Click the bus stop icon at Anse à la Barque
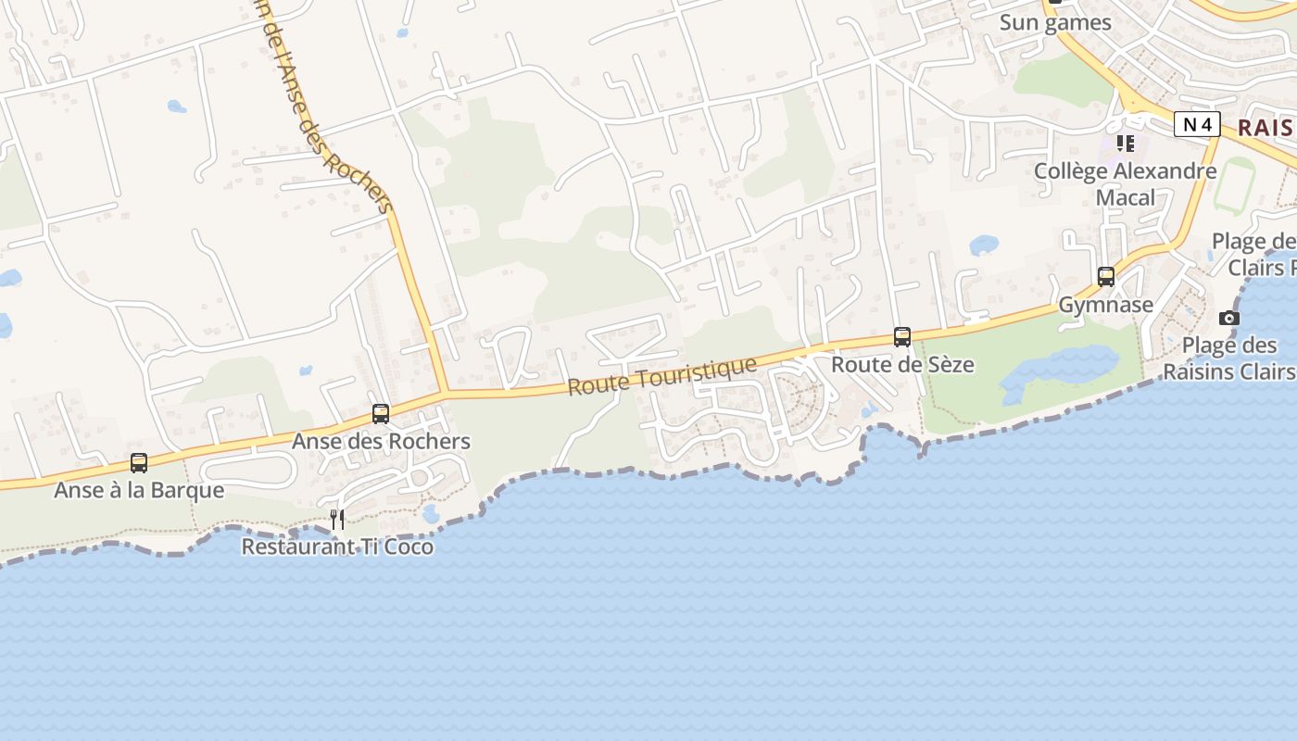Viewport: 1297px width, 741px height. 139,462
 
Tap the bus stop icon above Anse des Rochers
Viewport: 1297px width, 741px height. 381,413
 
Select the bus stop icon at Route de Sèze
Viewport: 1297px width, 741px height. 902,336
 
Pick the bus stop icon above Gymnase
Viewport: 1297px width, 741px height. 1106,276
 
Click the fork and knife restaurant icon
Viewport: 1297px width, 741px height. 337,519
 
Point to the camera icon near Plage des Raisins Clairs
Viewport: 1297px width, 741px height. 1229,318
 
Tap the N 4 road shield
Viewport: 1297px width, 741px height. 1197,124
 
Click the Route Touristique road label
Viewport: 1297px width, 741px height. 661,376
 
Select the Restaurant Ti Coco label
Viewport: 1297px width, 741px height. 337,546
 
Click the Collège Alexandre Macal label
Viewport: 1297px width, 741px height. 1126,183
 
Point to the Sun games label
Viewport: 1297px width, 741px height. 1055,22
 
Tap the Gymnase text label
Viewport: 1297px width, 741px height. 1106,305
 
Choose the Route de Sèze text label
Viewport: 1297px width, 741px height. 902,364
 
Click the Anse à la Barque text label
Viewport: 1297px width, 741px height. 139,490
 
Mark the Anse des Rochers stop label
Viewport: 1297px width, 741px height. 381,441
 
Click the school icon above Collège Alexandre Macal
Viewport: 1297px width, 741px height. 1126,143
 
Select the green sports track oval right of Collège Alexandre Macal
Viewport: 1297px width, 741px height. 1234,185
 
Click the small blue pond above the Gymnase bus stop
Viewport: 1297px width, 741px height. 984,245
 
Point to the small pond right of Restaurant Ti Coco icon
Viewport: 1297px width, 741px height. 431,513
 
